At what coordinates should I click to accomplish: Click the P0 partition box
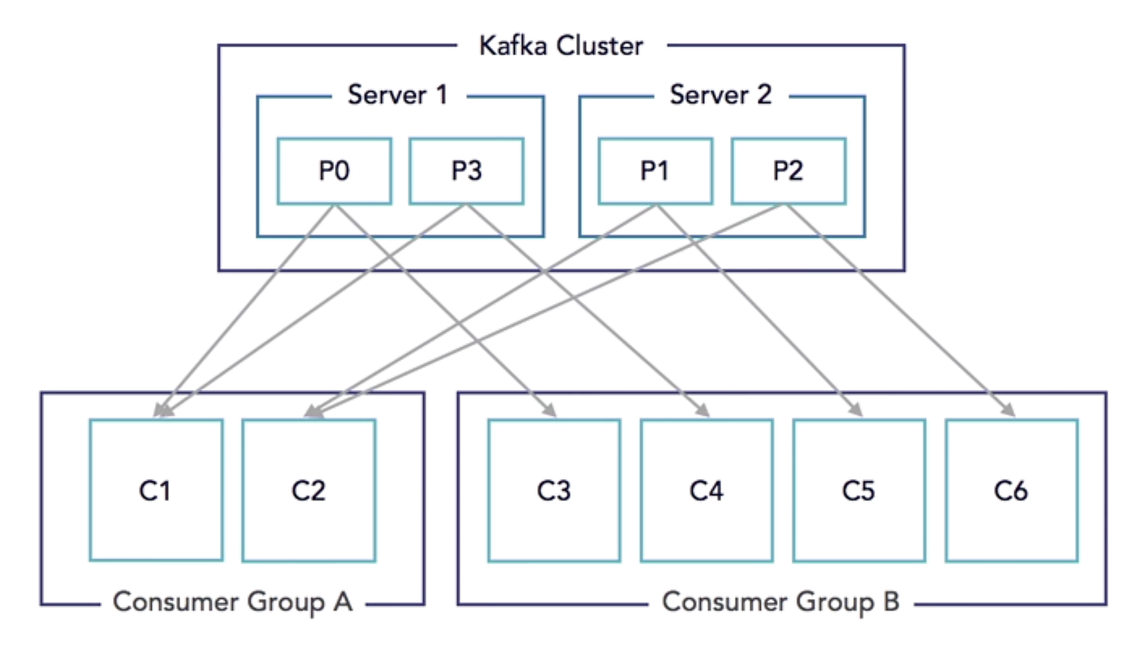pyautogui.click(x=334, y=171)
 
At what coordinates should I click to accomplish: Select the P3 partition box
pyautogui.click(x=466, y=171)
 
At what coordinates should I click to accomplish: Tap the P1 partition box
pyautogui.click(x=655, y=171)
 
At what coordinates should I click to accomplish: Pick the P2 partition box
pyautogui.click(x=788, y=171)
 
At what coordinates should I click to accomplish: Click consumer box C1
pyautogui.click(x=156, y=490)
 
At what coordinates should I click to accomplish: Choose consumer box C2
pyautogui.click(x=309, y=490)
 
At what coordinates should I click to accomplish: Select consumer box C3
pyautogui.click(x=554, y=490)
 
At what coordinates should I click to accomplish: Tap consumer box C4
pyautogui.click(x=707, y=490)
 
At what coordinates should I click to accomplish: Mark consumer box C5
pyautogui.click(x=859, y=490)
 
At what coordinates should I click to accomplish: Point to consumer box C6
pyautogui.click(x=1012, y=490)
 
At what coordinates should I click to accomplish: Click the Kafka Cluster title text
pyautogui.click(x=560, y=45)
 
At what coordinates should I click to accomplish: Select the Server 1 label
pyautogui.click(x=397, y=95)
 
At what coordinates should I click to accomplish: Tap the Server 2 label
pyautogui.click(x=720, y=95)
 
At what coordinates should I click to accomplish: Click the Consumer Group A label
pyautogui.click(x=232, y=603)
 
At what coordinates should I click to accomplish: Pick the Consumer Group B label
pyautogui.click(x=780, y=603)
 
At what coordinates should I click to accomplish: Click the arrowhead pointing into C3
pyautogui.click(x=550, y=413)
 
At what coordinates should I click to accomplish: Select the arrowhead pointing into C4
pyautogui.click(x=703, y=413)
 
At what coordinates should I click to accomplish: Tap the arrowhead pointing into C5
pyautogui.click(x=855, y=413)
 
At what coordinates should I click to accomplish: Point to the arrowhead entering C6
pyautogui.click(x=1009, y=413)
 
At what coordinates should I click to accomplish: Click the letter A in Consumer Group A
pyautogui.click(x=342, y=603)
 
